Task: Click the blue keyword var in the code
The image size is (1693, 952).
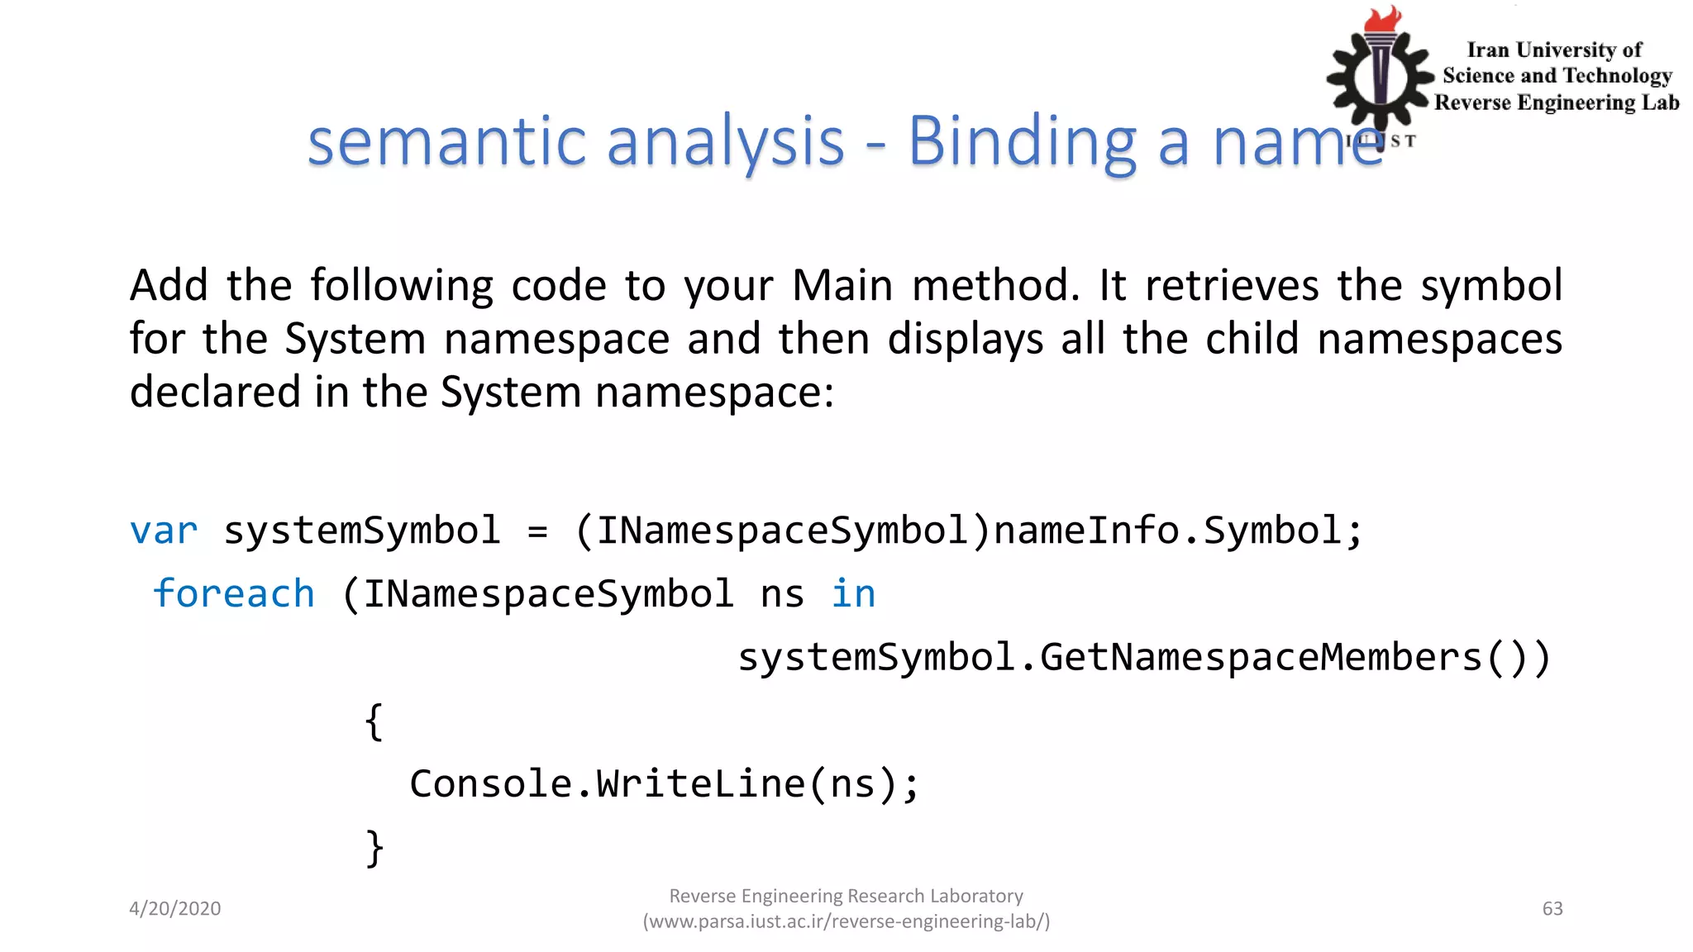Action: (x=164, y=531)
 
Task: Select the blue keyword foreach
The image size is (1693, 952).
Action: (x=234, y=594)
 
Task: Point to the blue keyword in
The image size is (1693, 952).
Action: (x=853, y=594)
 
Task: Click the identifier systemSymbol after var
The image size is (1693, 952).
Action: (x=362, y=531)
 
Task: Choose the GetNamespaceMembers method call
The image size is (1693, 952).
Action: (x=1260, y=658)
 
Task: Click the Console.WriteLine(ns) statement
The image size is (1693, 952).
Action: (x=664, y=784)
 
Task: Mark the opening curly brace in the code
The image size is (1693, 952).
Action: (x=374, y=721)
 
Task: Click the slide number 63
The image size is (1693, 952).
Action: (x=1552, y=908)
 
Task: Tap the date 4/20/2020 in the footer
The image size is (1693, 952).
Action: (x=175, y=908)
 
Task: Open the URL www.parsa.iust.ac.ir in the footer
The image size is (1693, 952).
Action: (x=846, y=921)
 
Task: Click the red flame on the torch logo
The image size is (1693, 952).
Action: (x=1383, y=18)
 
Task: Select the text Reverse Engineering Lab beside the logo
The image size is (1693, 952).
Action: (x=1557, y=102)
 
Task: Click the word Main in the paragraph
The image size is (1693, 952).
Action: (x=842, y=286)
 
